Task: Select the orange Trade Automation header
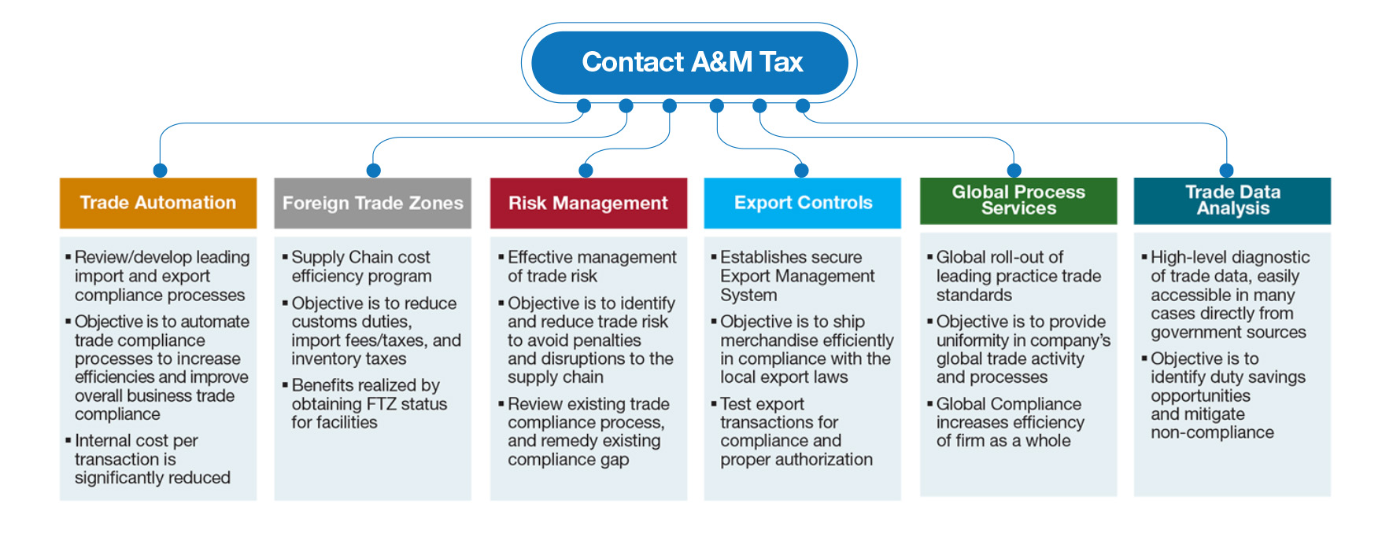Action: pyautogui.click(x=158, y=203)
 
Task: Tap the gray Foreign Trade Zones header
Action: pyautogui.click(x=372, y=203)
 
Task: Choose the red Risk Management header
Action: pyautogui.click(x=588, y=203)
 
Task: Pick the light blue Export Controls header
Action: pyautogui.click(x=803, y=203)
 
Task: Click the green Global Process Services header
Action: pyautogui.click(x=1018, y=200)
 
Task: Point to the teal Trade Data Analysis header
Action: pyautogui.click(x=1232, y=200)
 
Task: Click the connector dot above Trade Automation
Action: pyautogui.click(x=161, y=171)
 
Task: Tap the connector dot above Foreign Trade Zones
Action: pyautogui.click(x=374, y=171)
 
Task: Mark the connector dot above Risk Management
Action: pyautogui.click(x=586, y=171)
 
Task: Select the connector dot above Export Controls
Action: pyautogui.click(x=802, y=171)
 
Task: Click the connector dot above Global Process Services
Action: pyautogui.click(x=1014, y=171)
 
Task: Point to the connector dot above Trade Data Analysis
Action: pyautogui.click(x=1226, y=171)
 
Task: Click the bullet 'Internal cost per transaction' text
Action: pyautogui.click(x=150, y=459)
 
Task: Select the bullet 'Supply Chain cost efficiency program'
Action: pyautogui.click(x=357, y=266)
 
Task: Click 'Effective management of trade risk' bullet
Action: pyautogui.click(x=588, y=266)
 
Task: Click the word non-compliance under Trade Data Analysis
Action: pyautogui.click(x=1212, y=432)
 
